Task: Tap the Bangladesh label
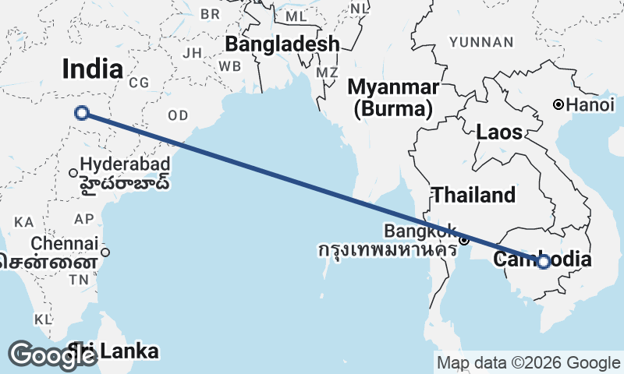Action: click(282, 44)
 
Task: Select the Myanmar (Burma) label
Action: click(394, 97)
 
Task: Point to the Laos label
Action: click(499, 132)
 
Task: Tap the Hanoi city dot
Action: click(558, 104)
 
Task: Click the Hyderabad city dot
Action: click(73, 173)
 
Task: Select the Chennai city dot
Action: click(105, 252)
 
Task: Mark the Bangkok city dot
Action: click(463, 240)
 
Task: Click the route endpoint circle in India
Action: click(82, 114)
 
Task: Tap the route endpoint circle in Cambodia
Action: click(544, 262)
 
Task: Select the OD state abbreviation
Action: click(179, 115)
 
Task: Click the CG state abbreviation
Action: click(139, 83)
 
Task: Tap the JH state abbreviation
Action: click(192, 54)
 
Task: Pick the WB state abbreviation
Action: click(230, 66)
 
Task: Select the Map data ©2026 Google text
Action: click(528, 362)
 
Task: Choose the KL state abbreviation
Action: click(42, 319)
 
